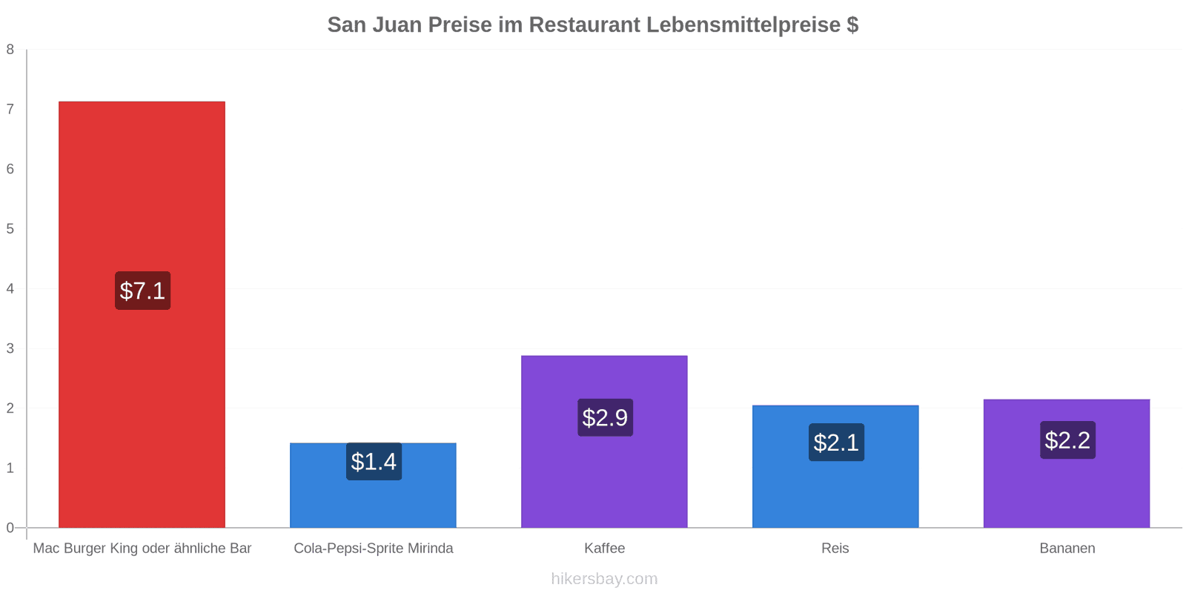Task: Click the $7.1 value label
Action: [x=142, y=291]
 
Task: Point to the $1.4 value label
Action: [x=374, y=462]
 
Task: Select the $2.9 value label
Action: [x=605, y=418]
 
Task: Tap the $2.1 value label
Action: [x=836, y=443]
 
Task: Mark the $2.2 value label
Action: [x=1067, y=440]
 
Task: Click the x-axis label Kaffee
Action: [x=604, y=549]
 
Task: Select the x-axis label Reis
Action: [x=835, y=549]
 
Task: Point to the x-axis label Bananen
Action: [x=1067, y=549]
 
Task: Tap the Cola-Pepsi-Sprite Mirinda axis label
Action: [x=373, y=549]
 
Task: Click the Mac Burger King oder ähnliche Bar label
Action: [x=142, y=549]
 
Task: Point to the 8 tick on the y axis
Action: [x=10, y=50]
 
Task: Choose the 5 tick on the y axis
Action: [x=10, y=229]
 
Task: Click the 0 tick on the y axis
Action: [x=10, y=528]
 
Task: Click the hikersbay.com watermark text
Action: [x=604, y=579]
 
